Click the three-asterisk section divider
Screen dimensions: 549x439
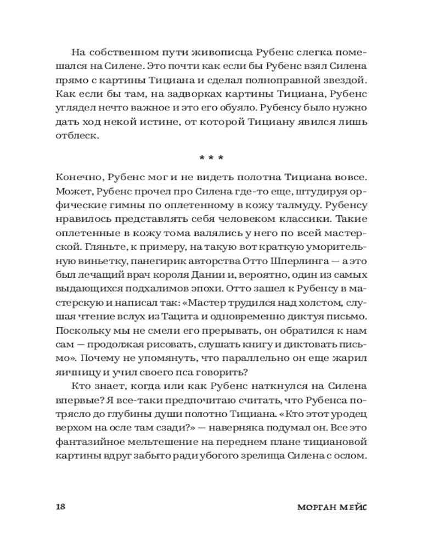(x=211, y=158)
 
